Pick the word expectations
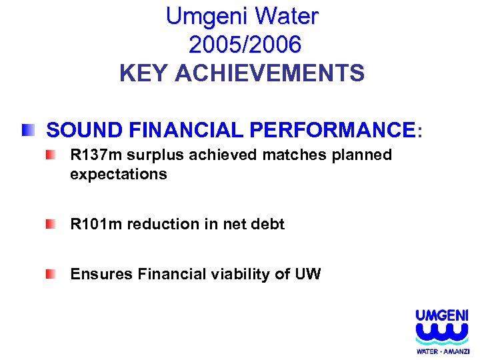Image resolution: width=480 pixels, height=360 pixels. [118, 174]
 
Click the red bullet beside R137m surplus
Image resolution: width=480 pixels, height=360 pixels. [51, 156]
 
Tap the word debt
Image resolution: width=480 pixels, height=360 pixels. [268, 225]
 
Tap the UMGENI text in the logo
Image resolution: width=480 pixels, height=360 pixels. [441, 315]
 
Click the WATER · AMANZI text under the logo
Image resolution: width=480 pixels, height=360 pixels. [443, 351]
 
